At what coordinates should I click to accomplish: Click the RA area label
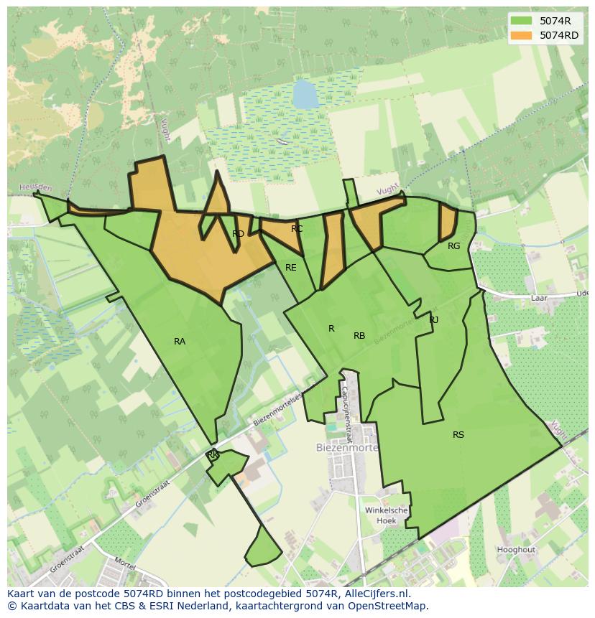(180, 342)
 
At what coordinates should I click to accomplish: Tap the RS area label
(458, 435)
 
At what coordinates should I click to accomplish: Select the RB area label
(359, 336)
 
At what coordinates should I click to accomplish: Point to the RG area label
(453, 246)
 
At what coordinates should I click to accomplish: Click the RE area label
(291, 268)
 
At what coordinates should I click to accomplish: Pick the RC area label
(297, 229)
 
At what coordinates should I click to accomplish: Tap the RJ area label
(434, 320)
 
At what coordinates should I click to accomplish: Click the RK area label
(212, 455)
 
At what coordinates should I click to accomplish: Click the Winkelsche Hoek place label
(387, 515)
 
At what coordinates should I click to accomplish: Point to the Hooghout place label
(516, 550)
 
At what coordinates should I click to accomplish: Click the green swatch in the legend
(522, 20)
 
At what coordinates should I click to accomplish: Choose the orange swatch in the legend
(522, 35)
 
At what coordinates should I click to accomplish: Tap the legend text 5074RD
(559, 35)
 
